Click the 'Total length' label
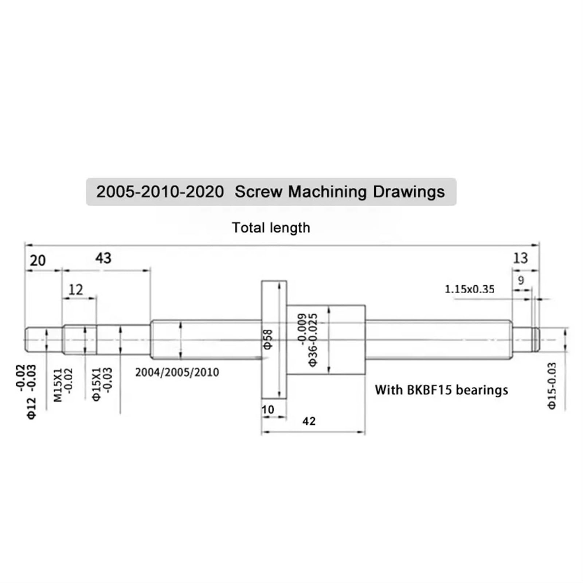[271, 228]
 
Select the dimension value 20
[38, 261]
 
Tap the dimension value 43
[103, 258]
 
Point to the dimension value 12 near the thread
[76, 290]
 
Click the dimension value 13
[520, 258]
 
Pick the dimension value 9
[521, 280]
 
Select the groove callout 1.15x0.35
[469, 289]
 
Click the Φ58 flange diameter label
[268, 339]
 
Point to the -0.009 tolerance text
[302, 328]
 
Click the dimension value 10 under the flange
[268, 410]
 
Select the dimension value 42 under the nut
[309, 421]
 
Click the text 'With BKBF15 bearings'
[441, 390]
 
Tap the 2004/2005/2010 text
[177, 372]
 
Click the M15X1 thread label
[58, 385]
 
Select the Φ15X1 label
[97, 384]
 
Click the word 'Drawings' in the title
[408, 192]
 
